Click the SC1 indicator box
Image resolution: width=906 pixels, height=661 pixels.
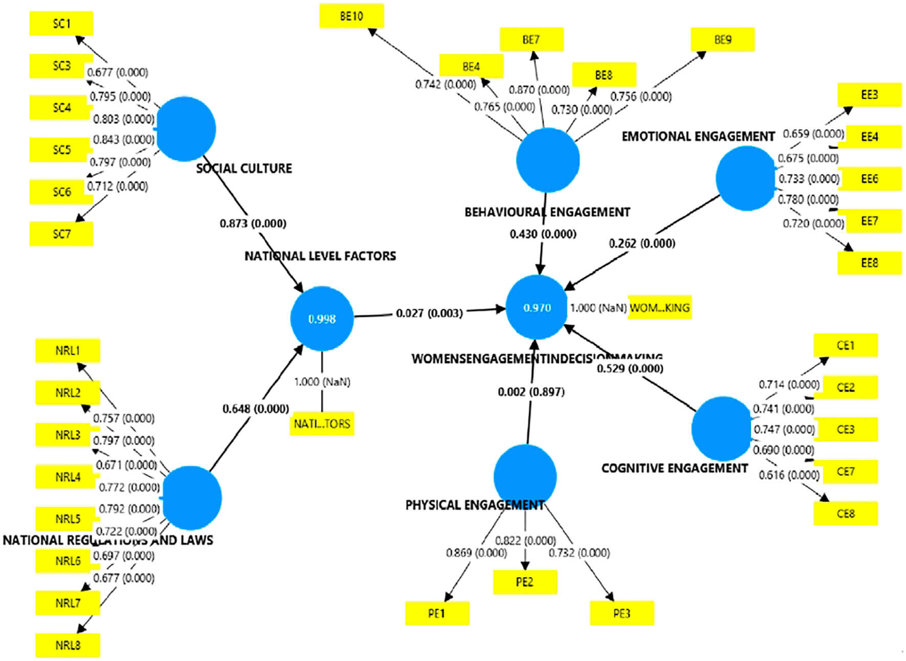[61, 24]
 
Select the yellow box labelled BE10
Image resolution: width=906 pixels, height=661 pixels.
[352, 16]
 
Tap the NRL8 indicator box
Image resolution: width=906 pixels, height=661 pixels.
[68, 645]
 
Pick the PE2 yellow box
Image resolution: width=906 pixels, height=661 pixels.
[525, 582]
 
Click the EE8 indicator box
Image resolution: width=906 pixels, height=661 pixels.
[869, 263]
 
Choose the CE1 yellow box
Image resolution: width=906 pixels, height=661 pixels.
[846, 346]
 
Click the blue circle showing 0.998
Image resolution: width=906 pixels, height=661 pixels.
[322, 319]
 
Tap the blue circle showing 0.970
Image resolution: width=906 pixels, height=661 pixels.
[536, 308]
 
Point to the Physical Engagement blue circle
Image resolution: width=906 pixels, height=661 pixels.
[525, 476]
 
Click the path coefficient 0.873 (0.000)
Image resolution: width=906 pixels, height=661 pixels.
[253, 223]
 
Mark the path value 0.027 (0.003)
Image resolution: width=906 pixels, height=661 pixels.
[429, 313]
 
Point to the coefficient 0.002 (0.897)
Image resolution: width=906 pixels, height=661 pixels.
[531, 392]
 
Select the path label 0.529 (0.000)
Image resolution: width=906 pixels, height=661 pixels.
[630, 369]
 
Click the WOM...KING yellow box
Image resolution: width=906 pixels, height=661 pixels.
[660, 308]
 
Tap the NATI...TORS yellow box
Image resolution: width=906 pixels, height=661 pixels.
[322, 424]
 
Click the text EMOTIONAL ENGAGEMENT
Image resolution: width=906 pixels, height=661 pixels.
[698, 136]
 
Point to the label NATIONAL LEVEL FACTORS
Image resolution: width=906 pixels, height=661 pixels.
[320, 256]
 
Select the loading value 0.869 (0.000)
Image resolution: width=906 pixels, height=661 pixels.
[476, 553]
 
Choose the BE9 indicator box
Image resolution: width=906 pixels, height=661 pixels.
[723, 39]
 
